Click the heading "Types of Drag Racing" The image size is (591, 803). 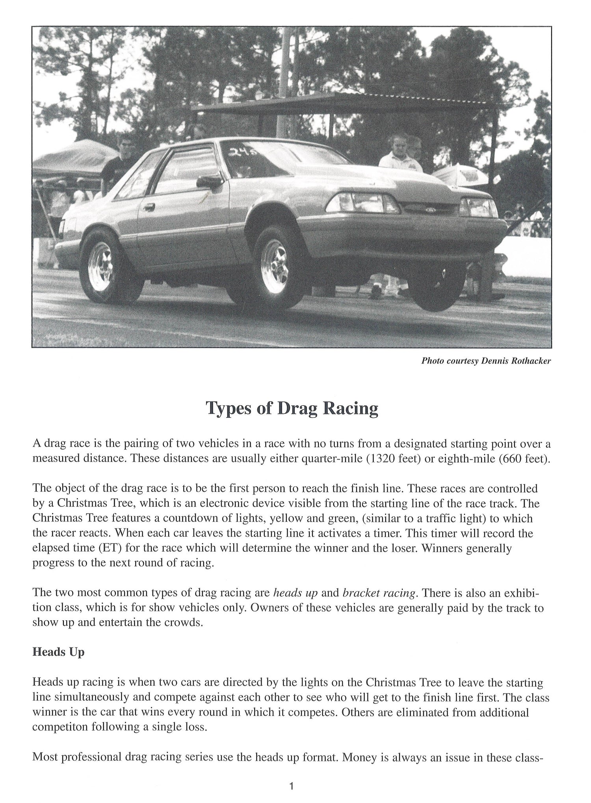pyautogui.click(x=292, y=409)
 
